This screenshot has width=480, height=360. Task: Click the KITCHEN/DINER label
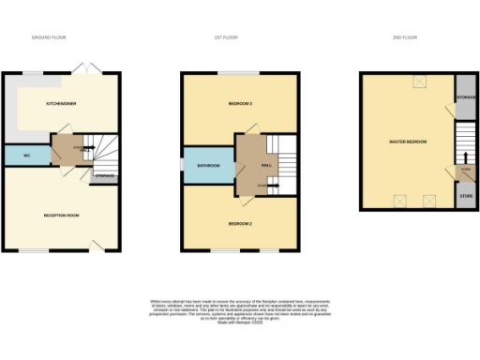pos(60,102)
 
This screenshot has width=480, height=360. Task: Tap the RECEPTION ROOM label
pos(61,215)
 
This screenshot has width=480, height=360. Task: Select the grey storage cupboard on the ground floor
pos(105,175)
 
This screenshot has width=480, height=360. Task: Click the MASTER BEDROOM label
pos(408,142)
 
